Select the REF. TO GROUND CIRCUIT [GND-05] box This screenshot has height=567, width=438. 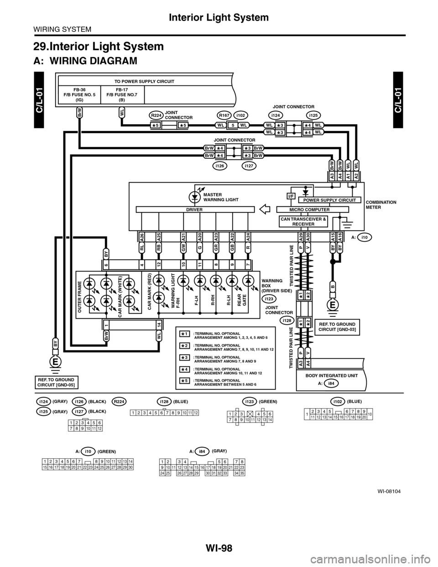point(56,381)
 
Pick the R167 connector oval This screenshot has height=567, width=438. point(224,115)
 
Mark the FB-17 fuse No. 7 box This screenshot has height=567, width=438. point(122,95)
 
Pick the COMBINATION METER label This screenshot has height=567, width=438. point(381,204)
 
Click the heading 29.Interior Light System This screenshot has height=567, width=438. point(99,46)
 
